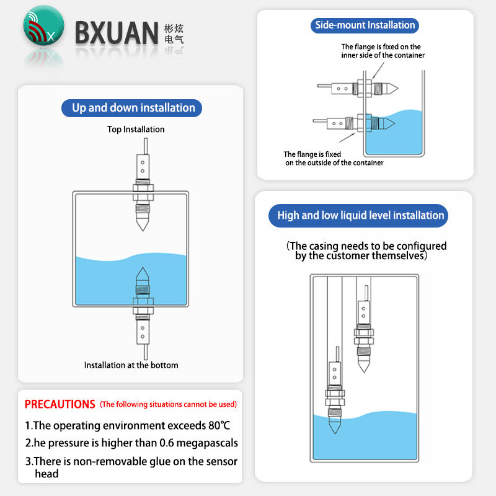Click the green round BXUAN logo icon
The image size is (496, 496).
tap(43, 25)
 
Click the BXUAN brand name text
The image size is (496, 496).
tap(117, 33)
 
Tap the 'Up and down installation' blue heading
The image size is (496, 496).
tap(131, 108)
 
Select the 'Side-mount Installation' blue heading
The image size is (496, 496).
tap(365, 25)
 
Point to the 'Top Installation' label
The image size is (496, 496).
tap(136, 130)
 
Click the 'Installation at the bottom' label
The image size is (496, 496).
tap(131, 365)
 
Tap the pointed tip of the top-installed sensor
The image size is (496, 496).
tap(143, 231)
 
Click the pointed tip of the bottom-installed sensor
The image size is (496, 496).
tap(143, 268)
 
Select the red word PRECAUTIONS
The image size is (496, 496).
tap(60, 404)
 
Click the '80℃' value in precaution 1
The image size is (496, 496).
tap(219, 425)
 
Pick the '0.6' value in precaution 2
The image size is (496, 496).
tap(167, 443)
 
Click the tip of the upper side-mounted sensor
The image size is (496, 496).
tap(397, 88)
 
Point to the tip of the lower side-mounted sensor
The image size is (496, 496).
tap(394, 123)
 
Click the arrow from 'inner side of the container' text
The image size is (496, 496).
tap(378, 70)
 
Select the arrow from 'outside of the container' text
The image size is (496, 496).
tap(347, 138)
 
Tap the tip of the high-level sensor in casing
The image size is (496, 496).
tap(364, 373)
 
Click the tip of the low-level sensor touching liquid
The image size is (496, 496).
tap(335, 433)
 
